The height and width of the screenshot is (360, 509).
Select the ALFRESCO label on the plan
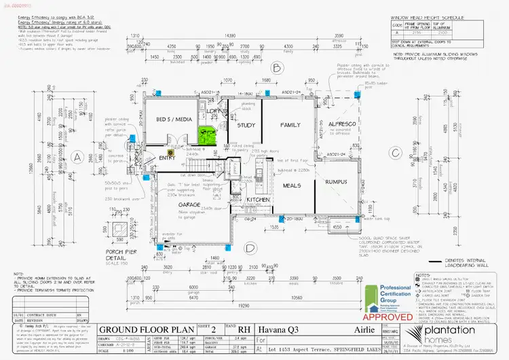333,124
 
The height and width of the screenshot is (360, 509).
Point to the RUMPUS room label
336,182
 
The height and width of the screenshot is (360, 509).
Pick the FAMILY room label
290,124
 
